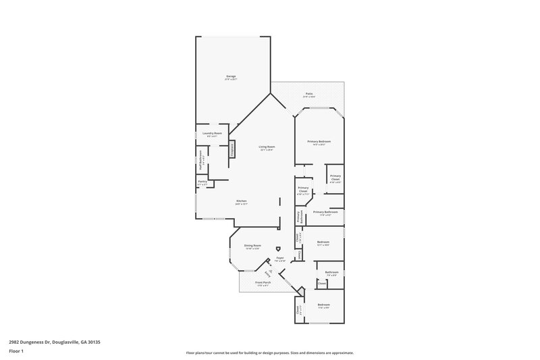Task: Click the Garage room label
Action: pos(231,77)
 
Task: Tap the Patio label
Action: pos(308,94)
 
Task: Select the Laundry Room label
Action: pos(212,134)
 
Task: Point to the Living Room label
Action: pos(267,147)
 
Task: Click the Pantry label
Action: pos(202,182)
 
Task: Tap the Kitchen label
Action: pos(242,201)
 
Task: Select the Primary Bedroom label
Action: pos(319,141)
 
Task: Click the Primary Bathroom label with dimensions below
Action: pos(325,212)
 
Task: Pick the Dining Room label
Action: pos(252,246)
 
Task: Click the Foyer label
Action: pos(279,258)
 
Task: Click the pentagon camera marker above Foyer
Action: pos(278,248)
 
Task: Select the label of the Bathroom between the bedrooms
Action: pos(331,272)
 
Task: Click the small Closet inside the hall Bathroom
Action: pos(322,284)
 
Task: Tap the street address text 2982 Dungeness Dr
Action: pos(55,342)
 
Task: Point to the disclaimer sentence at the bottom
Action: pos(270,353)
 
